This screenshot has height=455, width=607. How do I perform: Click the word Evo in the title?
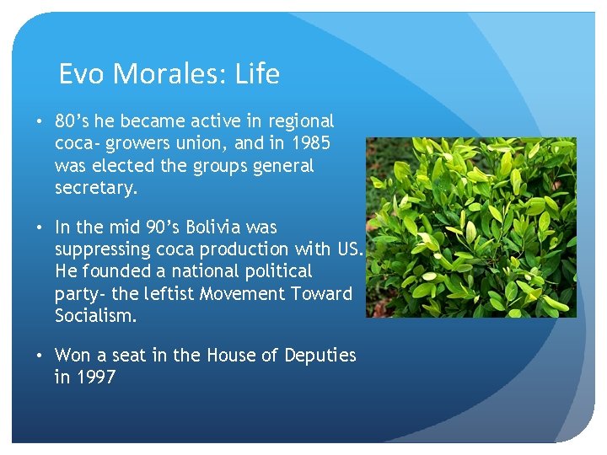coord(80,75)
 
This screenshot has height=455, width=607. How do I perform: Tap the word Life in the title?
coord(258,75)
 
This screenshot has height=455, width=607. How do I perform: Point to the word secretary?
coord(94,188)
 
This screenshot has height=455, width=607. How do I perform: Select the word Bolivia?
coord(218,227)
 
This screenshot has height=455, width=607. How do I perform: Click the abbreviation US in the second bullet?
coord(352,249)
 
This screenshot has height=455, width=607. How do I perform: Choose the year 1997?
coord(96,377)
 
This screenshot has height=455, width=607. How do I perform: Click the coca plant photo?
coord(471,227)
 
